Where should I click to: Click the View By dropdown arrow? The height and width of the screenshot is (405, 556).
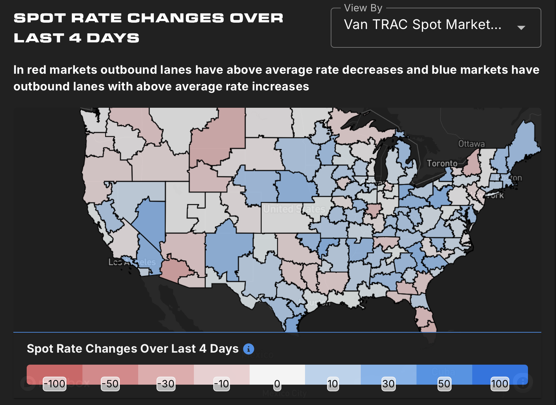click(521, 28)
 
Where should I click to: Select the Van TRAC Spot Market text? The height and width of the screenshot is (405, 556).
click(422, 25)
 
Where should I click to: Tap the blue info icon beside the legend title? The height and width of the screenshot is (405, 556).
click(249, 349)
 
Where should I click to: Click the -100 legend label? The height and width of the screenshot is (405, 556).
click(55, 384)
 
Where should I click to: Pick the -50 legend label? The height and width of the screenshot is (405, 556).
click(110, 384)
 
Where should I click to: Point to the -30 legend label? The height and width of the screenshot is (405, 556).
click(166, 384)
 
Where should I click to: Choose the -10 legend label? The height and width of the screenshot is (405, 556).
click(222, 384)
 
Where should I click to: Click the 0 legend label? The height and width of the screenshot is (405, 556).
click(277, 384)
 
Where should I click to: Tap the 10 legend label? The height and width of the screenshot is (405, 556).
click(333, 384)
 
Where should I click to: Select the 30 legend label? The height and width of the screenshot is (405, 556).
click(388, 384)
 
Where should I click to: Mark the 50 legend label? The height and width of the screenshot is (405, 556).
click(444, 384)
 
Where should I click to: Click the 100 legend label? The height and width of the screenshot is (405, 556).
click(500, 384)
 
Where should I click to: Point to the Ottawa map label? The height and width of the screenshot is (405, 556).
click(471, 144)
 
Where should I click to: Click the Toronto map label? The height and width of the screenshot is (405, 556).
click(442, 163)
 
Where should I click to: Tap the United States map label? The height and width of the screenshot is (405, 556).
click(294, 209)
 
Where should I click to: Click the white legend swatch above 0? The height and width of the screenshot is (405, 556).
click(277, 372)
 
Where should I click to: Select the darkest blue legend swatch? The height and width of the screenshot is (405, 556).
click(500, 372)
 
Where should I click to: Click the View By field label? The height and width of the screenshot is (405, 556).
click(363, 8)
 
